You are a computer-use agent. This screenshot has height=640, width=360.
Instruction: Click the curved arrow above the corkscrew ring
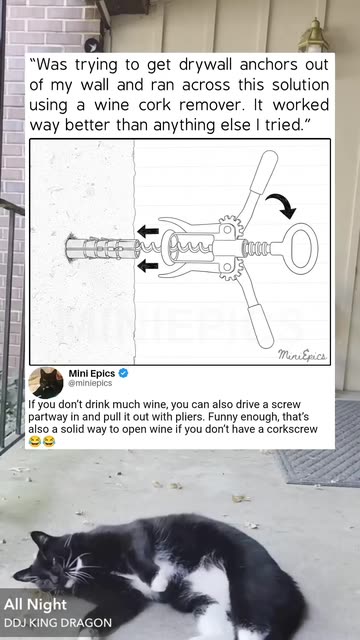[x=281, y=205]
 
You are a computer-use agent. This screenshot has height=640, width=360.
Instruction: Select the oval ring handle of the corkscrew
[x=299, y=249]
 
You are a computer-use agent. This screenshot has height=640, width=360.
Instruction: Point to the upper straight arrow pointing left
[x=148, y=231]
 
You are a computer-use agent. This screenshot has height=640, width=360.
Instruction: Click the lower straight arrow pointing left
[x=148, y=267]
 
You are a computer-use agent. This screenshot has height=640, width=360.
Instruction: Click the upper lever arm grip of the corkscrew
[x=263, y=171]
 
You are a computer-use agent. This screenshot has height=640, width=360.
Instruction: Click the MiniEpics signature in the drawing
[x=302, y=355]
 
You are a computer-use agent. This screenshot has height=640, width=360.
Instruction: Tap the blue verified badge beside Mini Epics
[x=123, y=373]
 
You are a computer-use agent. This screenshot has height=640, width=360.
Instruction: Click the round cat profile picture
[x=46, y=383]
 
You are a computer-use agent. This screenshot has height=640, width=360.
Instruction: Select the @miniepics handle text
[x=90, y=383]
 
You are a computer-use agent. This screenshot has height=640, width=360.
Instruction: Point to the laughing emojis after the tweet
[x=42, y=441]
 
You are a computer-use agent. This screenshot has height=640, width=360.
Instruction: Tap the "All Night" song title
[x=35, y=604]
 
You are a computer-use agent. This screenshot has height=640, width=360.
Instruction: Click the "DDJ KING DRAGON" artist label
[x=58, y=623]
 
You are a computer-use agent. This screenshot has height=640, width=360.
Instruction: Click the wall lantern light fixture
[x=313, y=36]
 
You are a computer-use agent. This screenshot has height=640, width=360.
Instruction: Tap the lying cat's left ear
[x=40, y=540]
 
